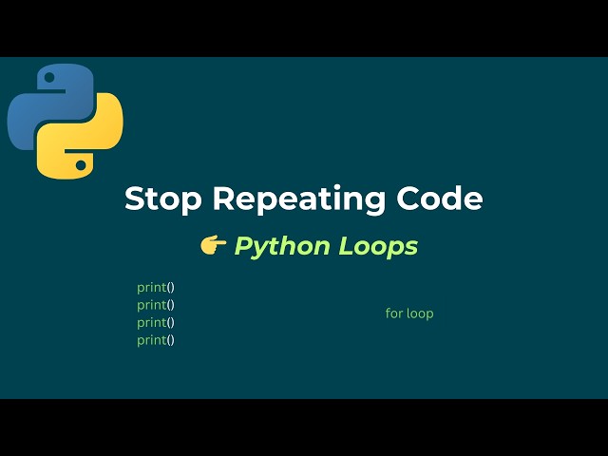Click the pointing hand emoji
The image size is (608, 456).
click(213, 246)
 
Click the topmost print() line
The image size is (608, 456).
click(156, 287)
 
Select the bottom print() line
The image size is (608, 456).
click(156, 340)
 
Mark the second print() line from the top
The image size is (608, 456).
click(156, 305)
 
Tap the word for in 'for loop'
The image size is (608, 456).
click(394, 313)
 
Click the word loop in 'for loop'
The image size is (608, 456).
click(420, 313)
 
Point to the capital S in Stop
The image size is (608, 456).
click(135, 199)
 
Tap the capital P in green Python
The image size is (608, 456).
click(243, 246)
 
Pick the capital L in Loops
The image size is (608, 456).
click(344, 246)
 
